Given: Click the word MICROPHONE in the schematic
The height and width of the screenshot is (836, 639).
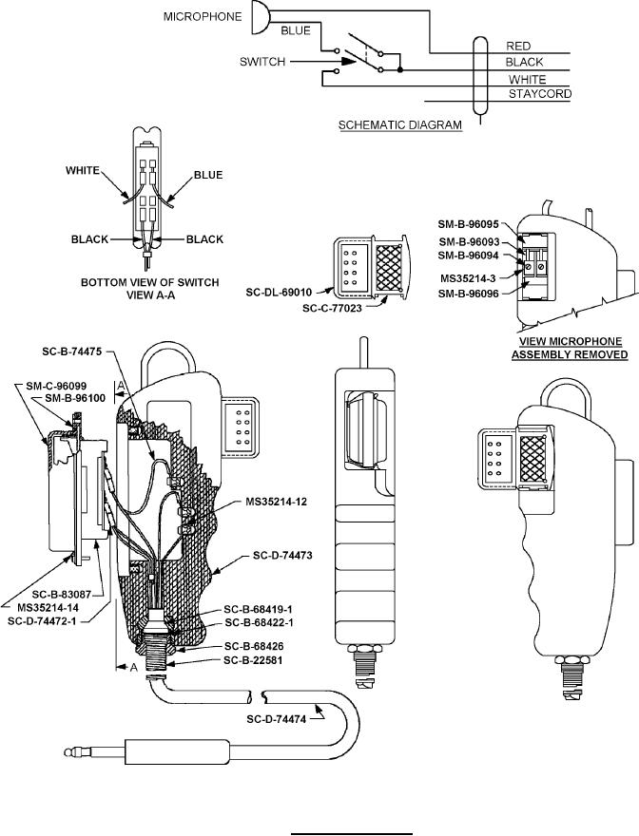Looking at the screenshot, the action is tap(203, 16).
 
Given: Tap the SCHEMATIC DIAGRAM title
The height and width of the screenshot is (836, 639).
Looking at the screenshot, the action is tap(400, 125).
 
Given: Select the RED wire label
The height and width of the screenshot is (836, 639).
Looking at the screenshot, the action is tap(518, 47).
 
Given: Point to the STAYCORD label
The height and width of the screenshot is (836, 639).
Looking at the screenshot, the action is tap(540, 94).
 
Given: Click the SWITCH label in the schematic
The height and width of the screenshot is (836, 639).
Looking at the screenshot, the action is tap(262, 62).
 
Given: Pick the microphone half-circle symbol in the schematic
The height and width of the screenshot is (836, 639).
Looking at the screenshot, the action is tap(261, 17).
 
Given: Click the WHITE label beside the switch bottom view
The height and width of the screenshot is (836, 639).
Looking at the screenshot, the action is tap(83, 171).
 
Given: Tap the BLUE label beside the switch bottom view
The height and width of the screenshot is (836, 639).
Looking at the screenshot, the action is tap(208, 175).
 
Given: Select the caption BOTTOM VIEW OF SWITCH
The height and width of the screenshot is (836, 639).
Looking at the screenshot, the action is tap(150, 282).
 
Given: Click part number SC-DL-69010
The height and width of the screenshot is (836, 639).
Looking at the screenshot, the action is tap(279, 293).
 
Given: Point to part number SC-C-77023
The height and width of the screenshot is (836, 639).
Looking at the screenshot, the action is tap(332, 308).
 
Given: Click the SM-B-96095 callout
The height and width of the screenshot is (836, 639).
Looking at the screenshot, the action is tap(469, 224).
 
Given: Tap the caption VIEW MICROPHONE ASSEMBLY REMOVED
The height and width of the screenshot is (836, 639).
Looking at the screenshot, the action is tap(570, 348).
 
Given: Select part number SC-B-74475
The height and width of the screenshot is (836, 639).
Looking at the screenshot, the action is tap(72, 351).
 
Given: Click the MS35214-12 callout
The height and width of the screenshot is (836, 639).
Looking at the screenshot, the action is tap(277, 502).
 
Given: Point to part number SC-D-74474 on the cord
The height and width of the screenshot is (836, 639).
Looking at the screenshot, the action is tap(277, 719).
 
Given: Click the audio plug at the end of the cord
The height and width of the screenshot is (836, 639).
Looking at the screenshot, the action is tap(147, 752).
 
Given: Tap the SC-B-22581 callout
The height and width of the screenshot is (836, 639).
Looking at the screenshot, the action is tap(254, 660).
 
